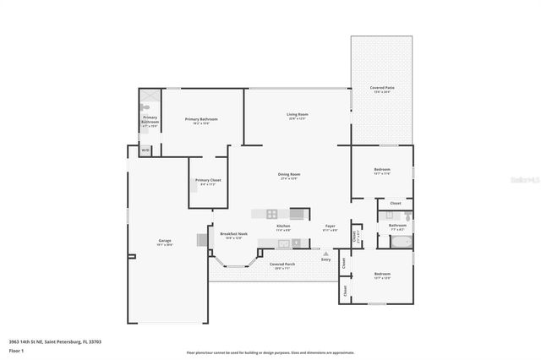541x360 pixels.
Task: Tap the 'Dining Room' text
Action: [290, 175]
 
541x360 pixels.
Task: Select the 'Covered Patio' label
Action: [382, 88]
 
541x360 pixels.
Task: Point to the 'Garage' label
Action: [164, 241]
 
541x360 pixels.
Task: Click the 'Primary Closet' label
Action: [208, 180]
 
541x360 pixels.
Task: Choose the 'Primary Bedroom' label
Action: [201, 119]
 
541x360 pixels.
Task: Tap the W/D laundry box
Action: [145, 150]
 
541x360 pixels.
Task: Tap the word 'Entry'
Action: [326, 259]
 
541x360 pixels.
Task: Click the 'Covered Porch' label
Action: [282, 265]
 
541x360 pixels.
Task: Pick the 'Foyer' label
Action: [331, 226]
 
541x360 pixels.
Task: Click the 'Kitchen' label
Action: [284, 226]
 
